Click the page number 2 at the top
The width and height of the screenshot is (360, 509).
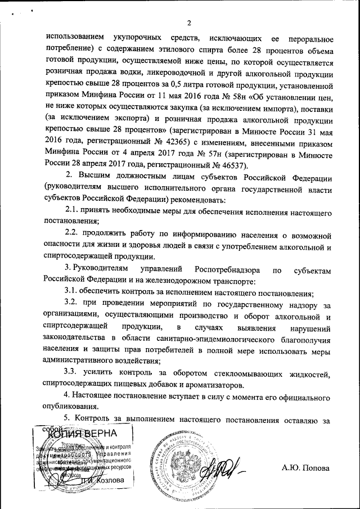tap(189, 23)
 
